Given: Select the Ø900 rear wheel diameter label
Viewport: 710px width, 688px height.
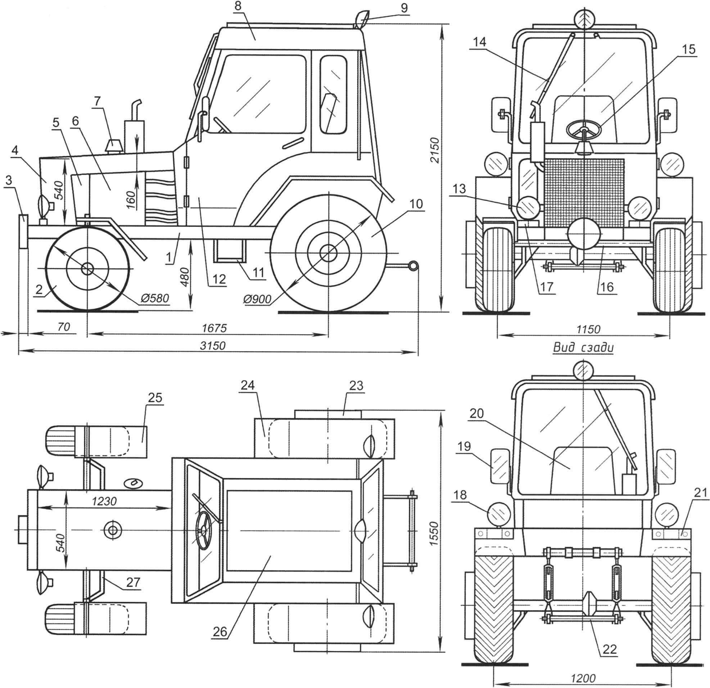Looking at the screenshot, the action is click(x=258, y=299).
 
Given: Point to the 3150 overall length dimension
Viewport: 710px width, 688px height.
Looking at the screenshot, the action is click(x=213, y=346).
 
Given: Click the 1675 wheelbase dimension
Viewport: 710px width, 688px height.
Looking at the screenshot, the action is click(x=214, y=328).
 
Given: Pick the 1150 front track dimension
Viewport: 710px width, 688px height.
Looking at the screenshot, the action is click(x=588, y=329).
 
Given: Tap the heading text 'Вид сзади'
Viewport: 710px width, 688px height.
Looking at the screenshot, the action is click(x=583, y=348).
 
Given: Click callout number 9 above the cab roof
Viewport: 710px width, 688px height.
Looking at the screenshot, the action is click(x=404, y=8).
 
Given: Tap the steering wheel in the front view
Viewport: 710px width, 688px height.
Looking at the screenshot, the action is click(x=584, y=129).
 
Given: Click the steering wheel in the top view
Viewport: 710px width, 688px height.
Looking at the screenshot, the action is click(x=204, y=530).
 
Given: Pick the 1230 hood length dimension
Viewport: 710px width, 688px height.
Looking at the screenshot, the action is click(x=104, y=501).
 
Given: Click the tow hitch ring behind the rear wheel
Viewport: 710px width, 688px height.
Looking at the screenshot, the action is click(x=413, y=266).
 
